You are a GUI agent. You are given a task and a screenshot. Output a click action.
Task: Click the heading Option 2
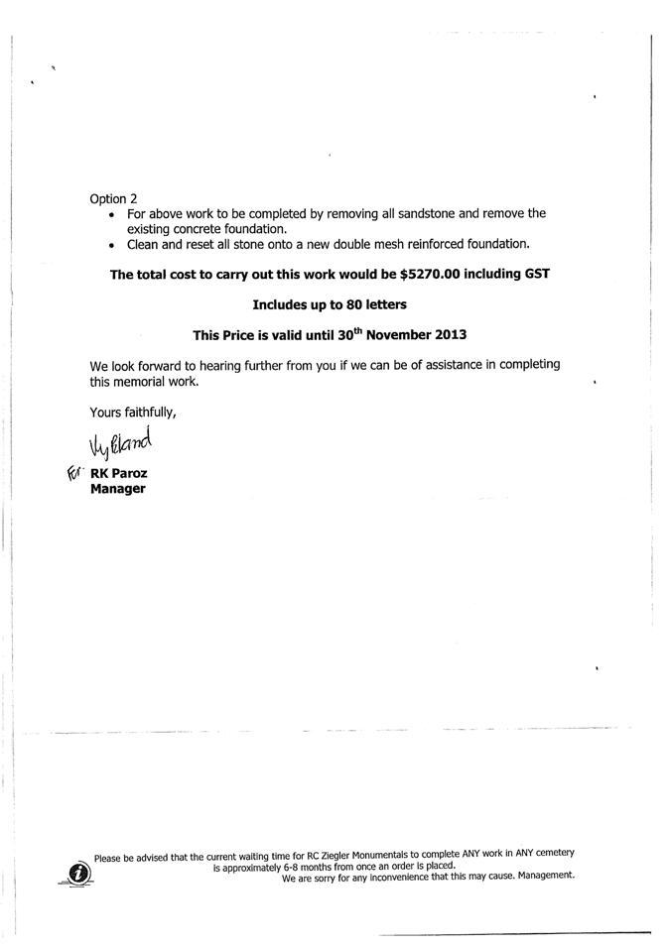[113, 199]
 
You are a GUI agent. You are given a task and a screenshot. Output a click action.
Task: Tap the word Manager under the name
[118, 489]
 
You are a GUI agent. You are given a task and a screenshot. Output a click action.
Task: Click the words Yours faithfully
[133, 412]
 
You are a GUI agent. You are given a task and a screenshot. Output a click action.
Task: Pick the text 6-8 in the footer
[295, 867]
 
